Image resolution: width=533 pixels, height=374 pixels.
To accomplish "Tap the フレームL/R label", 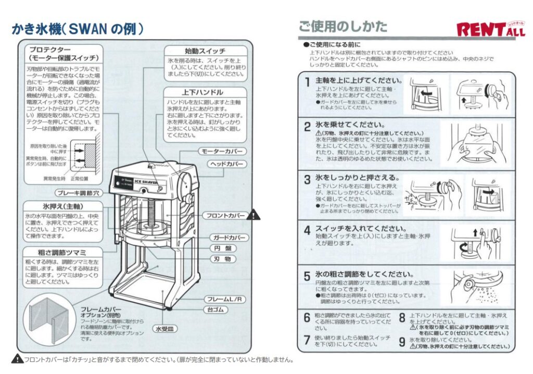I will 225,299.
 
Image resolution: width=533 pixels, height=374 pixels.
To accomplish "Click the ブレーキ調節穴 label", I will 74,192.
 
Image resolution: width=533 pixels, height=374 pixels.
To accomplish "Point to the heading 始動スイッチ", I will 206,51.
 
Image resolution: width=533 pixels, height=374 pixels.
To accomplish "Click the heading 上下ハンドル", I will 206,92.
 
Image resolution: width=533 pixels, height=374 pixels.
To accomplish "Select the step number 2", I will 308,127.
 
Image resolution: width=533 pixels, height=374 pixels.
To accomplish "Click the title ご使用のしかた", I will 342,26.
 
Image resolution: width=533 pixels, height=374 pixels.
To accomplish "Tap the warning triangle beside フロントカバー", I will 253,214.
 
